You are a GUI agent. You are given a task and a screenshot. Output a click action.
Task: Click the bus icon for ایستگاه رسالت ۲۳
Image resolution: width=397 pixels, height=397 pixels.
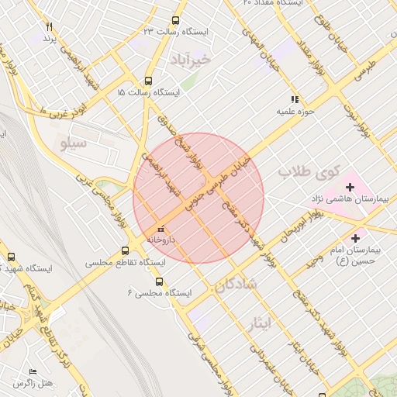(x=175, y=21)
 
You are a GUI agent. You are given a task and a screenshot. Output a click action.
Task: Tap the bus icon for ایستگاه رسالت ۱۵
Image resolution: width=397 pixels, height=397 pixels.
(x=148, y=81)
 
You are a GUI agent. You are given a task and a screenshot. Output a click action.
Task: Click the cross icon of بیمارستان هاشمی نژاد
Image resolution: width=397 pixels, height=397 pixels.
(x=350, y=187)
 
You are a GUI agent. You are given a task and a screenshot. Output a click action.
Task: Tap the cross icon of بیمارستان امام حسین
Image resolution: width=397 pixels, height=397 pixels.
(x=356, y=238)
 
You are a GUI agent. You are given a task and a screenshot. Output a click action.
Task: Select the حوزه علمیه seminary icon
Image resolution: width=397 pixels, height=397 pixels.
(x=294, y=99)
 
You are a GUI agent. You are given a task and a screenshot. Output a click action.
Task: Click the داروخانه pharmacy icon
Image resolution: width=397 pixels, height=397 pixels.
(x=161, y=229)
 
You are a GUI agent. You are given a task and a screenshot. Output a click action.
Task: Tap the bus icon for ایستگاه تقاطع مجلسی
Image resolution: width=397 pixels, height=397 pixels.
(x=126, y=251)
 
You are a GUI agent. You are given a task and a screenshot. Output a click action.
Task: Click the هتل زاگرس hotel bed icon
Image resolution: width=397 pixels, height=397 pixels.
(x=32, y=372)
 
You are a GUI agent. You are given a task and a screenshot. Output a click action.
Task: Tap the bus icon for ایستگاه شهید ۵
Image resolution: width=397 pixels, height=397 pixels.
(x=11, y=257)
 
